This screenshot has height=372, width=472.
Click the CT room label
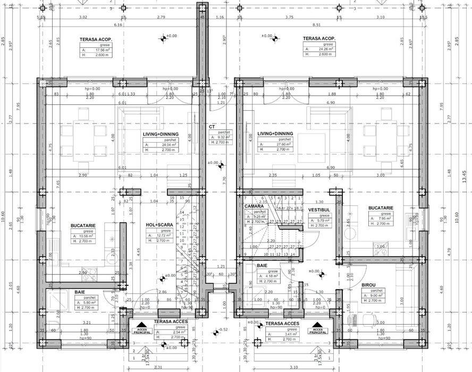212,127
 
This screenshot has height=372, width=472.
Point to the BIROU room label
369,285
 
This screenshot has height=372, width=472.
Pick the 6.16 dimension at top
118,24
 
